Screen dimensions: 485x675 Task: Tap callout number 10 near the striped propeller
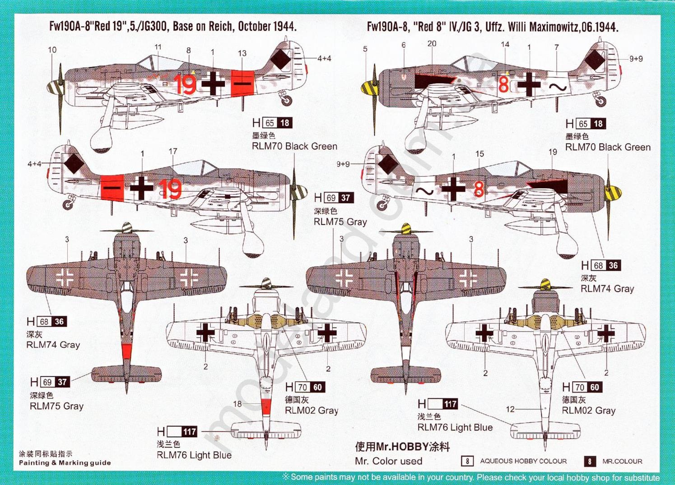[x=52, y=50]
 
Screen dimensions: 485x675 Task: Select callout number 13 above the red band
[x=242, y=53]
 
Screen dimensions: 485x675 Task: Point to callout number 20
[x=432, y=44]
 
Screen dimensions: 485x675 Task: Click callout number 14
[x=505, y=44]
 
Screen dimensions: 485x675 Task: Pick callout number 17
[x=173, y=152]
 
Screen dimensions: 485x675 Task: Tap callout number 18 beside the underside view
[x=237, y=404]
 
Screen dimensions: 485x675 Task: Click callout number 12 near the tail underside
[x=510, y=409]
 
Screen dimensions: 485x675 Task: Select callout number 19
[x=553, y=152]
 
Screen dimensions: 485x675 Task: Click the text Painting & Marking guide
[x=65, y=462]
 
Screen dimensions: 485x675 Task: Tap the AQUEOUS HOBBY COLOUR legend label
[x=523, y=461]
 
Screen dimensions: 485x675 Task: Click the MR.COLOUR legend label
[x=622, y=461]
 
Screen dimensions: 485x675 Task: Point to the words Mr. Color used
[x=388, y=461]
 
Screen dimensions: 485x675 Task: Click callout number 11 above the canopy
[x=158, y=47]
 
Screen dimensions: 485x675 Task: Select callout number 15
[x=479, y=154]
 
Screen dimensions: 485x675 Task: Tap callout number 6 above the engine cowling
[x=403, y=45]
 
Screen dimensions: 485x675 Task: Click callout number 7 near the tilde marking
[x=556, y=47]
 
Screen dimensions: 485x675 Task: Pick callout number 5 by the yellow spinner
[x=365, y=49]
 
